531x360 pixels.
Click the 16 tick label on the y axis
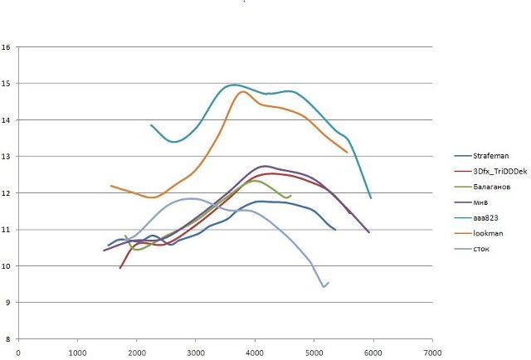(7, 47)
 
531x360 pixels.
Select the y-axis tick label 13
(7, 157)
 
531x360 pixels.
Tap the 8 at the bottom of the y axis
(8, 339)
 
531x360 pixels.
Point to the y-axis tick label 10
(7, 266)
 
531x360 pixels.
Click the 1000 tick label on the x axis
(77, 353)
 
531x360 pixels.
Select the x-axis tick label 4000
(255, 353)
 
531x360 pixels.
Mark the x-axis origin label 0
(18, 353)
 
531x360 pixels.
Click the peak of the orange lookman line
(242, 92)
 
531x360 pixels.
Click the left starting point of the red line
(119, 268)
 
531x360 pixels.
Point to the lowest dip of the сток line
(324, 287)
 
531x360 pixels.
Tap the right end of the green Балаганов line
(290, 196)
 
